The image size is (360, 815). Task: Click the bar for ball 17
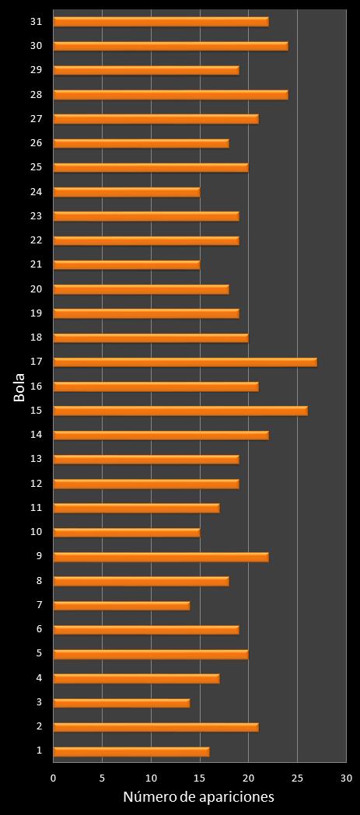185,362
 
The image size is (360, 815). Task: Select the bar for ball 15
180,411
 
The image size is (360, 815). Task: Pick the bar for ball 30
170,46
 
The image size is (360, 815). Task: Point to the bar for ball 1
131,751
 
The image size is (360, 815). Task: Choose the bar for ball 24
127,192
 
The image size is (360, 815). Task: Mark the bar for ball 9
161,557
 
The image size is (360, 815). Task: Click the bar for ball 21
127,264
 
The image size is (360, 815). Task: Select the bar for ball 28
170,95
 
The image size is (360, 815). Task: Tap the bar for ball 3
121,703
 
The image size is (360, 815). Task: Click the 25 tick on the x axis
297,778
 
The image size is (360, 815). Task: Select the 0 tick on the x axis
54,778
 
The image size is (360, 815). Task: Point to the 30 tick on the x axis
346,778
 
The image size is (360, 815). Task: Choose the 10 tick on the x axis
151,778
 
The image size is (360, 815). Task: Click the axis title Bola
19,387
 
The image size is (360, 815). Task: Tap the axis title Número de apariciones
199,798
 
